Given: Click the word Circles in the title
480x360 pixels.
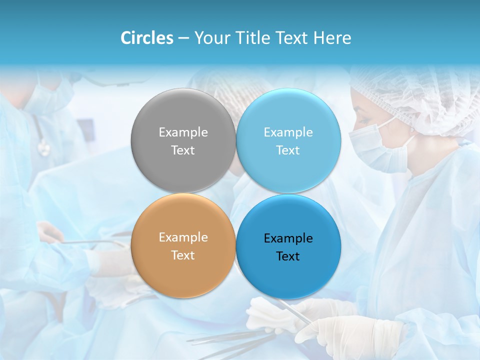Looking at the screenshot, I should coord(147,38).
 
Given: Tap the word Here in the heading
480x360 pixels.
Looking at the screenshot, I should coord(332,38).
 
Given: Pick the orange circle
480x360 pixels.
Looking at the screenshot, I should coord(183,270).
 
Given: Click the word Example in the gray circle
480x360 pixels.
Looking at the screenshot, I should coord(183,132).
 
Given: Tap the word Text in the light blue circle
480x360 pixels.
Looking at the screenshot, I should coord(288,150).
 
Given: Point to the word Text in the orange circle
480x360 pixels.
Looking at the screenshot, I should coord(183,255).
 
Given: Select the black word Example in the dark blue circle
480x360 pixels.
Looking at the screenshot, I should coord(288,238).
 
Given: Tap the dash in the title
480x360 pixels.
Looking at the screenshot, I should coord(183,38).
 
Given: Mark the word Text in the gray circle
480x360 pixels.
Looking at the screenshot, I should coord(183,150).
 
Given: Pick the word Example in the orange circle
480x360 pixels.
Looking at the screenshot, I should coord(183,237).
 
